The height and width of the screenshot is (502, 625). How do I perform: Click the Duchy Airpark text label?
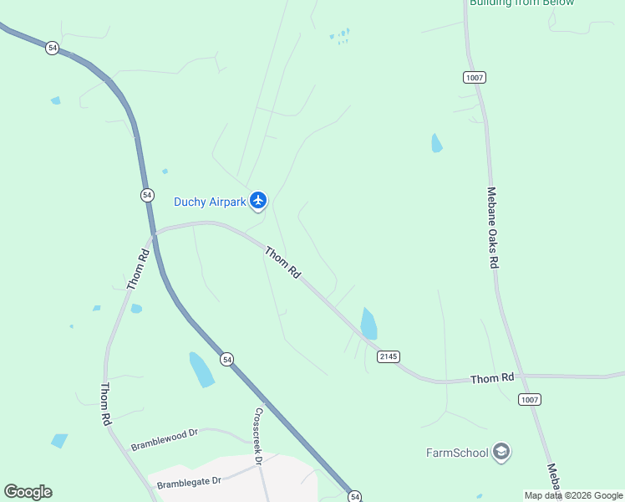click(x=210, y=202)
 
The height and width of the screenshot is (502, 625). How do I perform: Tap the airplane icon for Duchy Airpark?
click(x=258, y=201)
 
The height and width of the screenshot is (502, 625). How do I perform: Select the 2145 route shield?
click(x=389, y=356)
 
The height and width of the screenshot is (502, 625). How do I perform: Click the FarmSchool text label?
click(x=456, y=453)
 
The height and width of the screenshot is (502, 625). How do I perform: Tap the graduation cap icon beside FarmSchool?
click(x=501, y=453)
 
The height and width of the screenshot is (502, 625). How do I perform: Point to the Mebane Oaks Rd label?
click(x=493, y=227)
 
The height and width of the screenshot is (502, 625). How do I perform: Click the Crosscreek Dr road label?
click(x=258, y=436)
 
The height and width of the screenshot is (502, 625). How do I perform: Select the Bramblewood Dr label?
click(x=164, y=439)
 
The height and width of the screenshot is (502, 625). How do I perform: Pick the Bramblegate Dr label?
click(x=188, y=482)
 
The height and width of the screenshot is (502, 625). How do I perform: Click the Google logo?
click(x=28, y=492)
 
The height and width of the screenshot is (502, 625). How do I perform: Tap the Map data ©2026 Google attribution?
click(x=573, y=495)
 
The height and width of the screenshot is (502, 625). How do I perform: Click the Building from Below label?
click(x=521, y=3)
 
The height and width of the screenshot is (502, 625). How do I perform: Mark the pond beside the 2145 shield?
click(x=368, y=323)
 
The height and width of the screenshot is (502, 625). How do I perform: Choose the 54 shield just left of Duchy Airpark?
click(x=147, y=194)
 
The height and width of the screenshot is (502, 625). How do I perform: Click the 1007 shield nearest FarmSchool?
click(x=529, y=399)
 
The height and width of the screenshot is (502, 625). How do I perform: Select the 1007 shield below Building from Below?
click(x=474, y=77)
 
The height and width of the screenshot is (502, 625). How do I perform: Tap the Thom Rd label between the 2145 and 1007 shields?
click(x=492, y=378)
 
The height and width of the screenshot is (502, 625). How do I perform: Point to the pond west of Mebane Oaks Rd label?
click(x=436, y=143)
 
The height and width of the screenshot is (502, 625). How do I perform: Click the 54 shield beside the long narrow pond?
click(x=226, y=359)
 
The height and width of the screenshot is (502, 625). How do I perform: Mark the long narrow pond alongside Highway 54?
click(x=201, y=369)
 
